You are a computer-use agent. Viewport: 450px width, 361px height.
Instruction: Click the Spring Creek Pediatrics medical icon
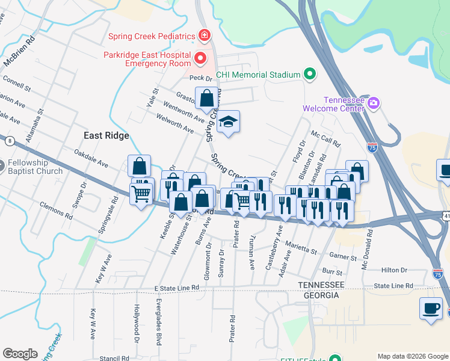coord(205,36)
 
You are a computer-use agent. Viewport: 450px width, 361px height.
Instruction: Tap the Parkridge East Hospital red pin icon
coord(200,58)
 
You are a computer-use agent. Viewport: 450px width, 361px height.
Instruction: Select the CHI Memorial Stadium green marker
coord(310,75)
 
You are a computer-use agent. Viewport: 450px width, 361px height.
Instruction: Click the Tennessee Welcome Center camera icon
coord(374,103)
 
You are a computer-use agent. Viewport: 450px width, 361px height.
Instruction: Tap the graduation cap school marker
coord(228,123)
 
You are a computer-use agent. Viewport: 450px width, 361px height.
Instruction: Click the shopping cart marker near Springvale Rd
coord(141,194)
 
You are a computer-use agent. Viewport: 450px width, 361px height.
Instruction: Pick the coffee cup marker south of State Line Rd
coord(430,308)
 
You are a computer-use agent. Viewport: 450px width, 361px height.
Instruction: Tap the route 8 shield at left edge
coord(10,141)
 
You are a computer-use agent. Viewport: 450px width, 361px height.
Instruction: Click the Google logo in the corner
coord(20,353)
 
